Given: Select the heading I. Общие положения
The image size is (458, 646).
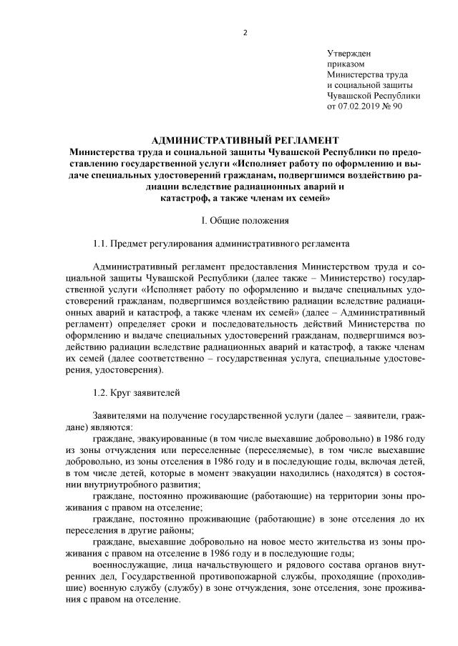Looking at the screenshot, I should click(x=245, y=218).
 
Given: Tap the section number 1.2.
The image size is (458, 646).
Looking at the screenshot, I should click(x=100, y=392).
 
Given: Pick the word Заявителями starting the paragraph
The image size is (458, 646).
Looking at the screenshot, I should click(x=120, y=416).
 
